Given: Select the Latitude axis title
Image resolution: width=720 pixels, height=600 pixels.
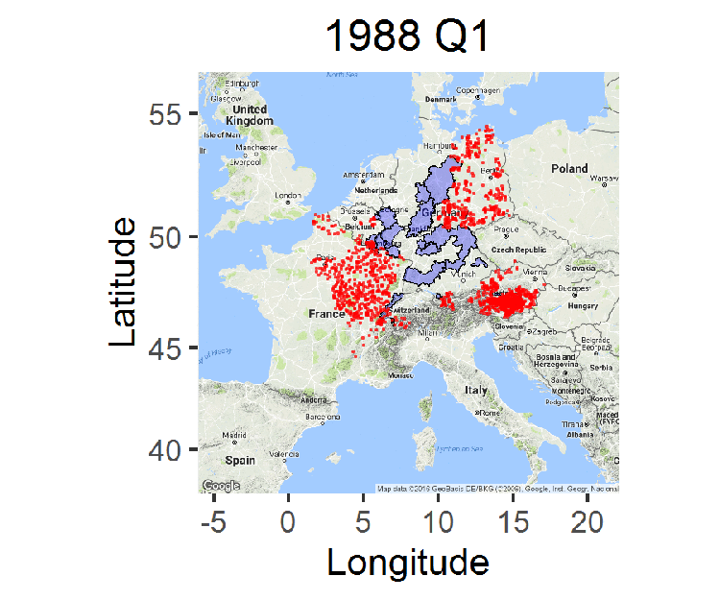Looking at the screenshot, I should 123,282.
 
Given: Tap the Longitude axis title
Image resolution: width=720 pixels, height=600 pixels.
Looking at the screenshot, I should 408,561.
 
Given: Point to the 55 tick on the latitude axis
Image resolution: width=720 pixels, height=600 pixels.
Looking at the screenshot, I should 166,114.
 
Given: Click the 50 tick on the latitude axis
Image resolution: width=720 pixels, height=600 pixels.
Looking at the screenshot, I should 166,236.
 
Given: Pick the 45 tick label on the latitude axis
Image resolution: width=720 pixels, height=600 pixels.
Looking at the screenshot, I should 166,348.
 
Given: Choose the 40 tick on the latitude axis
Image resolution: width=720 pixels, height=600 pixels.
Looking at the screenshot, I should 166,449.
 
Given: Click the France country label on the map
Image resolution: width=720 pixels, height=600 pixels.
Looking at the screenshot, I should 326,314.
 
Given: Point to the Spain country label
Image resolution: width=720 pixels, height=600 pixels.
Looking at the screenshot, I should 241,461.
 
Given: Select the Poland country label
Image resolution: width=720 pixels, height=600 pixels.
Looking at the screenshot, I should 569,169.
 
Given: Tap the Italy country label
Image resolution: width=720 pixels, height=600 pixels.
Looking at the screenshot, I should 476,391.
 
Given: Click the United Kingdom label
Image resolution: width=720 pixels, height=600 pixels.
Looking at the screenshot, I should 249,115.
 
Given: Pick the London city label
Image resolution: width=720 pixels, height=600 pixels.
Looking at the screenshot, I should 288,196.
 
